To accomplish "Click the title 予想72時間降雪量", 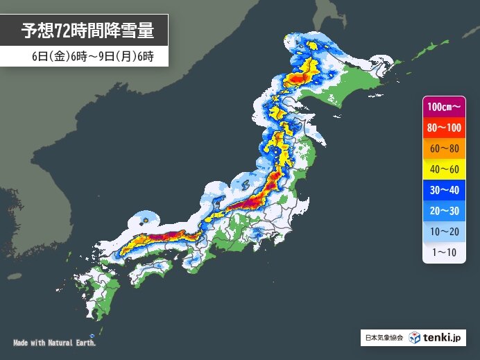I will pyautogui.click(x=87, y=30).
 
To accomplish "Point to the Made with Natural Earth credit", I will pyautogui.click(x=55, y=343).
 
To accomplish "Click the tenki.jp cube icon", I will pyautogui.click(x=414, y=338).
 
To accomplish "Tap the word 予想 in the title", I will pyautogui.click(x=39, y=30).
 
